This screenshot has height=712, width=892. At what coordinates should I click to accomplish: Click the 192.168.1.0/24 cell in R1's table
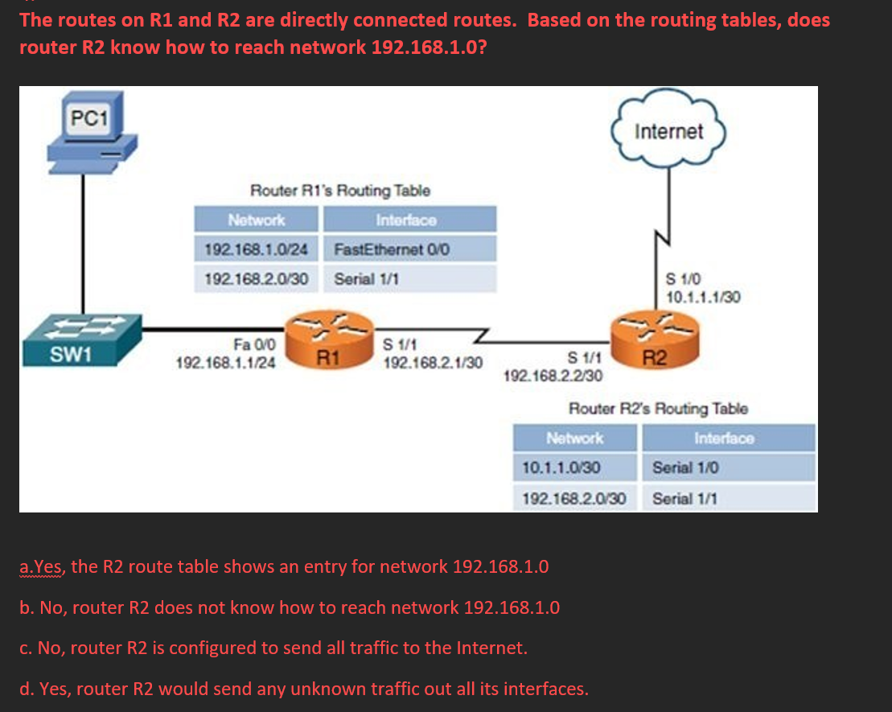click(x=257, y=249)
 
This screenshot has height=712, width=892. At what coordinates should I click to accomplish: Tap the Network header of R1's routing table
click(x=257, y=220)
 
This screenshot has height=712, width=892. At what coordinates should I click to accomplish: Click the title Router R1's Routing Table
click(x=340, y=191)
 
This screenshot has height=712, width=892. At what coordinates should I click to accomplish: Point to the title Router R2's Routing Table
click(x=658, y=409)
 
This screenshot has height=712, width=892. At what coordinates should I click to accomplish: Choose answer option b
click(x=290, y=607)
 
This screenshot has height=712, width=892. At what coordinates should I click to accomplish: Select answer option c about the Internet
click(x=273, y=648)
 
